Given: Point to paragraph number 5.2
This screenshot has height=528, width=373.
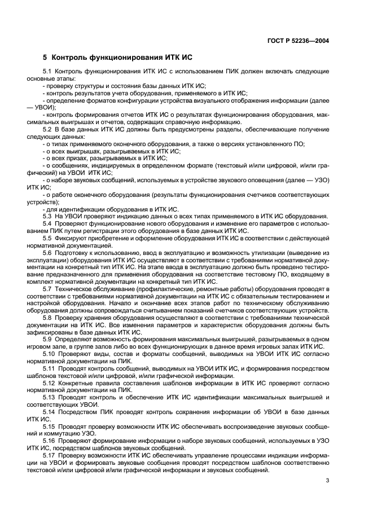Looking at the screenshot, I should point(48,130).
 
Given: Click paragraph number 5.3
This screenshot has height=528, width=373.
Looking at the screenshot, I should point(48,216).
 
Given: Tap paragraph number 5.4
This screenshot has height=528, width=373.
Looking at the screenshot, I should point(48,223).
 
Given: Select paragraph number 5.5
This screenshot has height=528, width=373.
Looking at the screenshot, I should point(48,237).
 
